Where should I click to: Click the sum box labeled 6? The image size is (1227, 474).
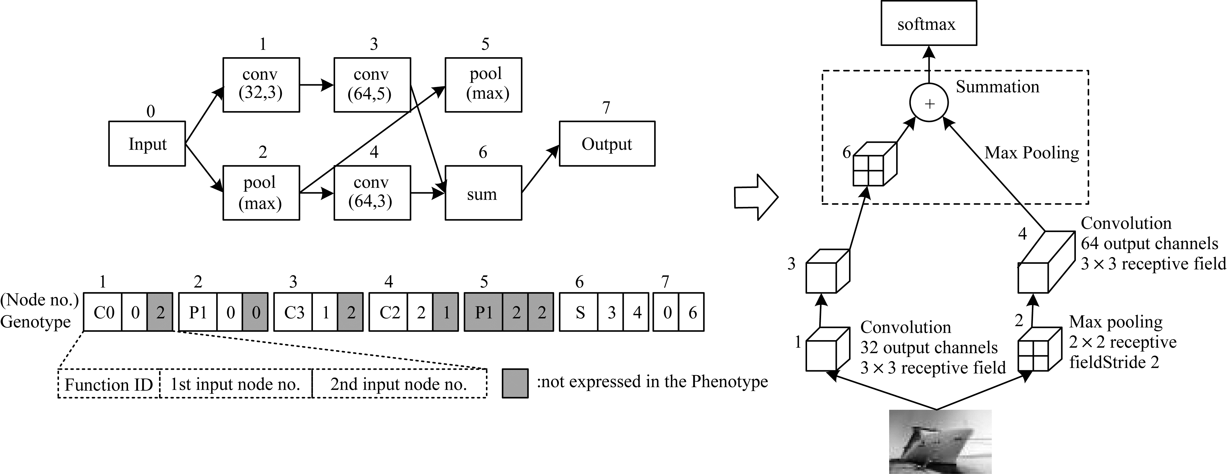click(483, 193)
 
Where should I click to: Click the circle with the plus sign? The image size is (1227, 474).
click(929, 103)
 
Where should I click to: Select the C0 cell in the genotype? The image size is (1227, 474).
click(103, 312)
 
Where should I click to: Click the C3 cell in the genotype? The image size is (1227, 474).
click(293, 312)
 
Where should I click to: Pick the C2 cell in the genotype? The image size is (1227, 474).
click(389, 312)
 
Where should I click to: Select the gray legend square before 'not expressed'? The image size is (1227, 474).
click(515, 383)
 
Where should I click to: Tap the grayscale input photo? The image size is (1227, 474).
click(940, 442)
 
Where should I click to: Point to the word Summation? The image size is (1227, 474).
click(997, 87)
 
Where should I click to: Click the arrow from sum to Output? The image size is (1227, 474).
click(541, 169)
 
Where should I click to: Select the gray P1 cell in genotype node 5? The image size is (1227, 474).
click(484, 312)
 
